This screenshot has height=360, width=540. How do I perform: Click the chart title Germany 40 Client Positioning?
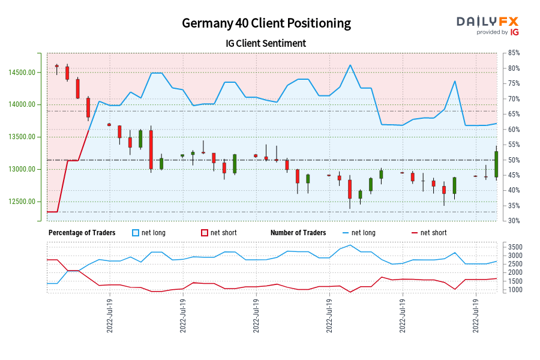266,23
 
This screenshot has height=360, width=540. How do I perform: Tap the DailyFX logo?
487,25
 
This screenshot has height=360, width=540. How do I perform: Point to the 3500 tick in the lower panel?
514,247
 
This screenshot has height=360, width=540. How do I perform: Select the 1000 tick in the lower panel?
514,290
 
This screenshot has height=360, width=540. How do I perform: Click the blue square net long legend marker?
135,233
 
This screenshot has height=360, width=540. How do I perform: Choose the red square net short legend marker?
205,233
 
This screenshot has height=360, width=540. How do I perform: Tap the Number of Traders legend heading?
298,233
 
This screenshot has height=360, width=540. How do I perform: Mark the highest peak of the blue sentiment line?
350,65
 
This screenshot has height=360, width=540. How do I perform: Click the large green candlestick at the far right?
496,164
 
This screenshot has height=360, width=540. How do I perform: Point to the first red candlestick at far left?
57,66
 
